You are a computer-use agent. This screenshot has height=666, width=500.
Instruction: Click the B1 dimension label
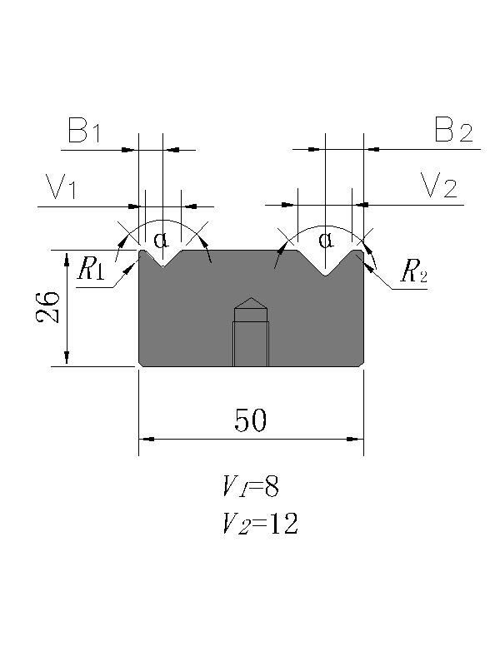point(84,132)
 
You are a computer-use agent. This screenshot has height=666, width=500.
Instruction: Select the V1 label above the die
point(61,188)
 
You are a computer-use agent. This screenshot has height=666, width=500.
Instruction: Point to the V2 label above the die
point(438,188)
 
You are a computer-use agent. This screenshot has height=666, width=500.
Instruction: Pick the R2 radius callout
point(413,272)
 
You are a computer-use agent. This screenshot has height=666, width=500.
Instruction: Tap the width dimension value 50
point(250,421)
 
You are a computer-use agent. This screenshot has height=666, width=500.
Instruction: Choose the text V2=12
point(259,524)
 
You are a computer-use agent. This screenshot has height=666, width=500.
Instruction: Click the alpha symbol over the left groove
point(161,241)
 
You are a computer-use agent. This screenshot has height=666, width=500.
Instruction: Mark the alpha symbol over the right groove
point(326,241)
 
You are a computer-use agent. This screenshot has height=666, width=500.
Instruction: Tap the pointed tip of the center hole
point(250,300)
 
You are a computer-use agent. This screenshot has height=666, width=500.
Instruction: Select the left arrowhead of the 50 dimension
point(143,439)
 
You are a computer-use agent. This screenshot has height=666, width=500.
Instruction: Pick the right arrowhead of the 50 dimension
point(358,439)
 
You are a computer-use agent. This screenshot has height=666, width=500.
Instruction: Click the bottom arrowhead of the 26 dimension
point(67,360)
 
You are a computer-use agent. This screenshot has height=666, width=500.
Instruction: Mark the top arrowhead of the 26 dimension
point(67,255)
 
